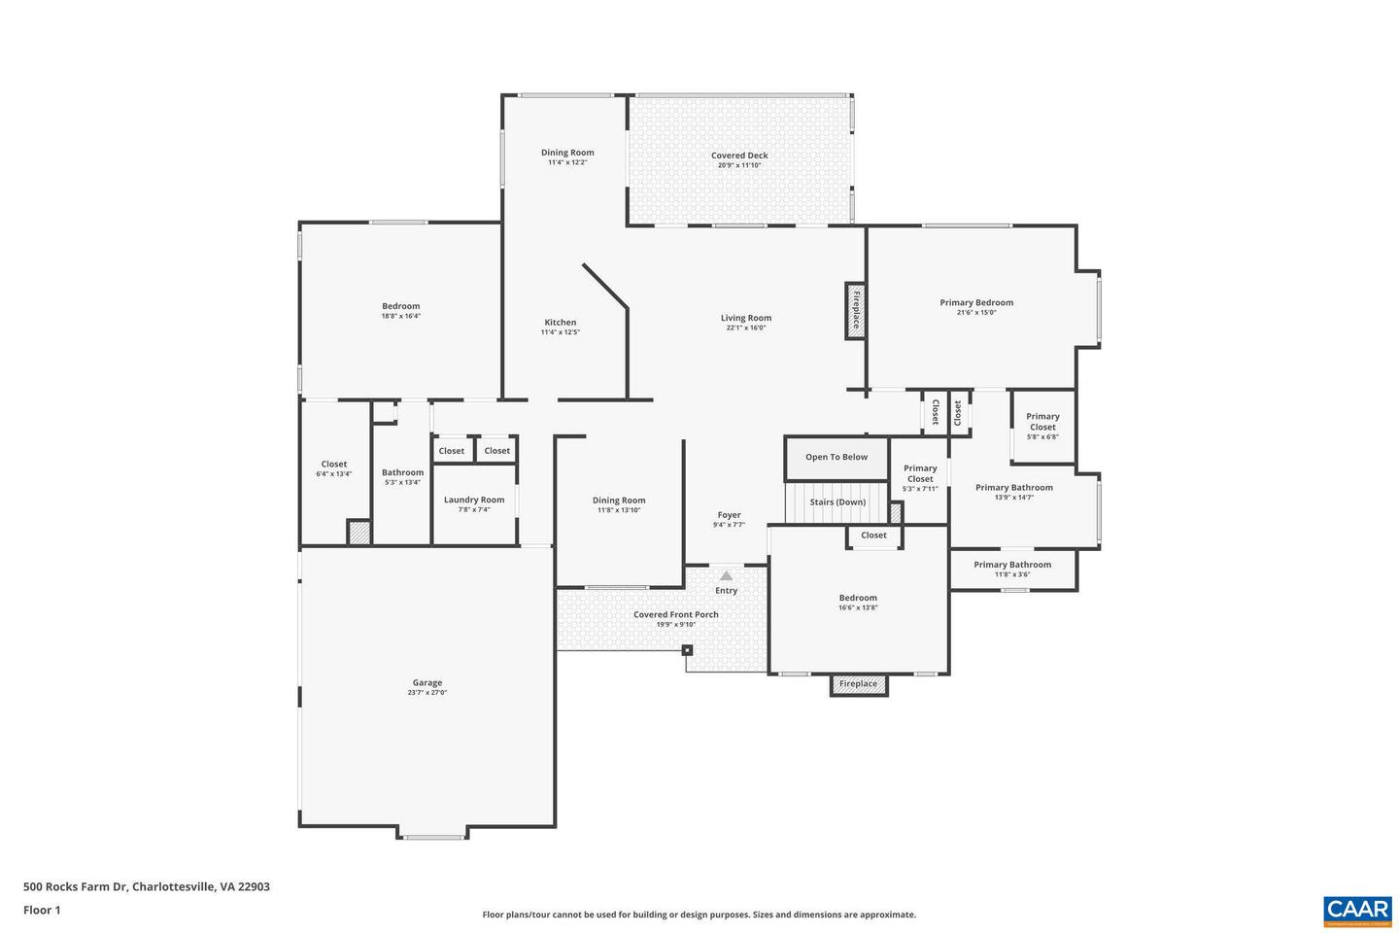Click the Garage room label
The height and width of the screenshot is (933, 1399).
pos(427,683)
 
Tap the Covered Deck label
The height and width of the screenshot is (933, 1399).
pos(739,155)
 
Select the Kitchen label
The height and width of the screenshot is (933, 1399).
pos(560,323)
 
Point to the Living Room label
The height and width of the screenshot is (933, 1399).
pos(746,318)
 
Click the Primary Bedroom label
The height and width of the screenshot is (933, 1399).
pos(976,302)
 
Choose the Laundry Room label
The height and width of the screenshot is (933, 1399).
pos(474,500)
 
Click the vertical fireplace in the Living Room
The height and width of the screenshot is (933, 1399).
pos(856,311)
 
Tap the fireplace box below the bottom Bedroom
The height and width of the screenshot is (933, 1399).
pos(859,684)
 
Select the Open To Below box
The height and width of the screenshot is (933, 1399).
pos(836,458)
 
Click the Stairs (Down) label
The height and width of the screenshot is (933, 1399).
pos(837,502)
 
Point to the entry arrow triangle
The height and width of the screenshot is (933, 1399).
pos(727,575)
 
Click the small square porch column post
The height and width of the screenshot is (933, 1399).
pos(687,650)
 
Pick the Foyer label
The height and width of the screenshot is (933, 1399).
pos(729,515)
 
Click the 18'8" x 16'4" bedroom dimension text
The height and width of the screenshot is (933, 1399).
pos(400,316)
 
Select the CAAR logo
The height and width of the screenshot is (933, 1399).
pos(1356,911)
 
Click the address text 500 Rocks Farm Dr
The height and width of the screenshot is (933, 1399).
pos(147,886)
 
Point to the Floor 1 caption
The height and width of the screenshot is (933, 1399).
pos(42,911)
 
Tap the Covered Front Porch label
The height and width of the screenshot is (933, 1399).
pos(676,614)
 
